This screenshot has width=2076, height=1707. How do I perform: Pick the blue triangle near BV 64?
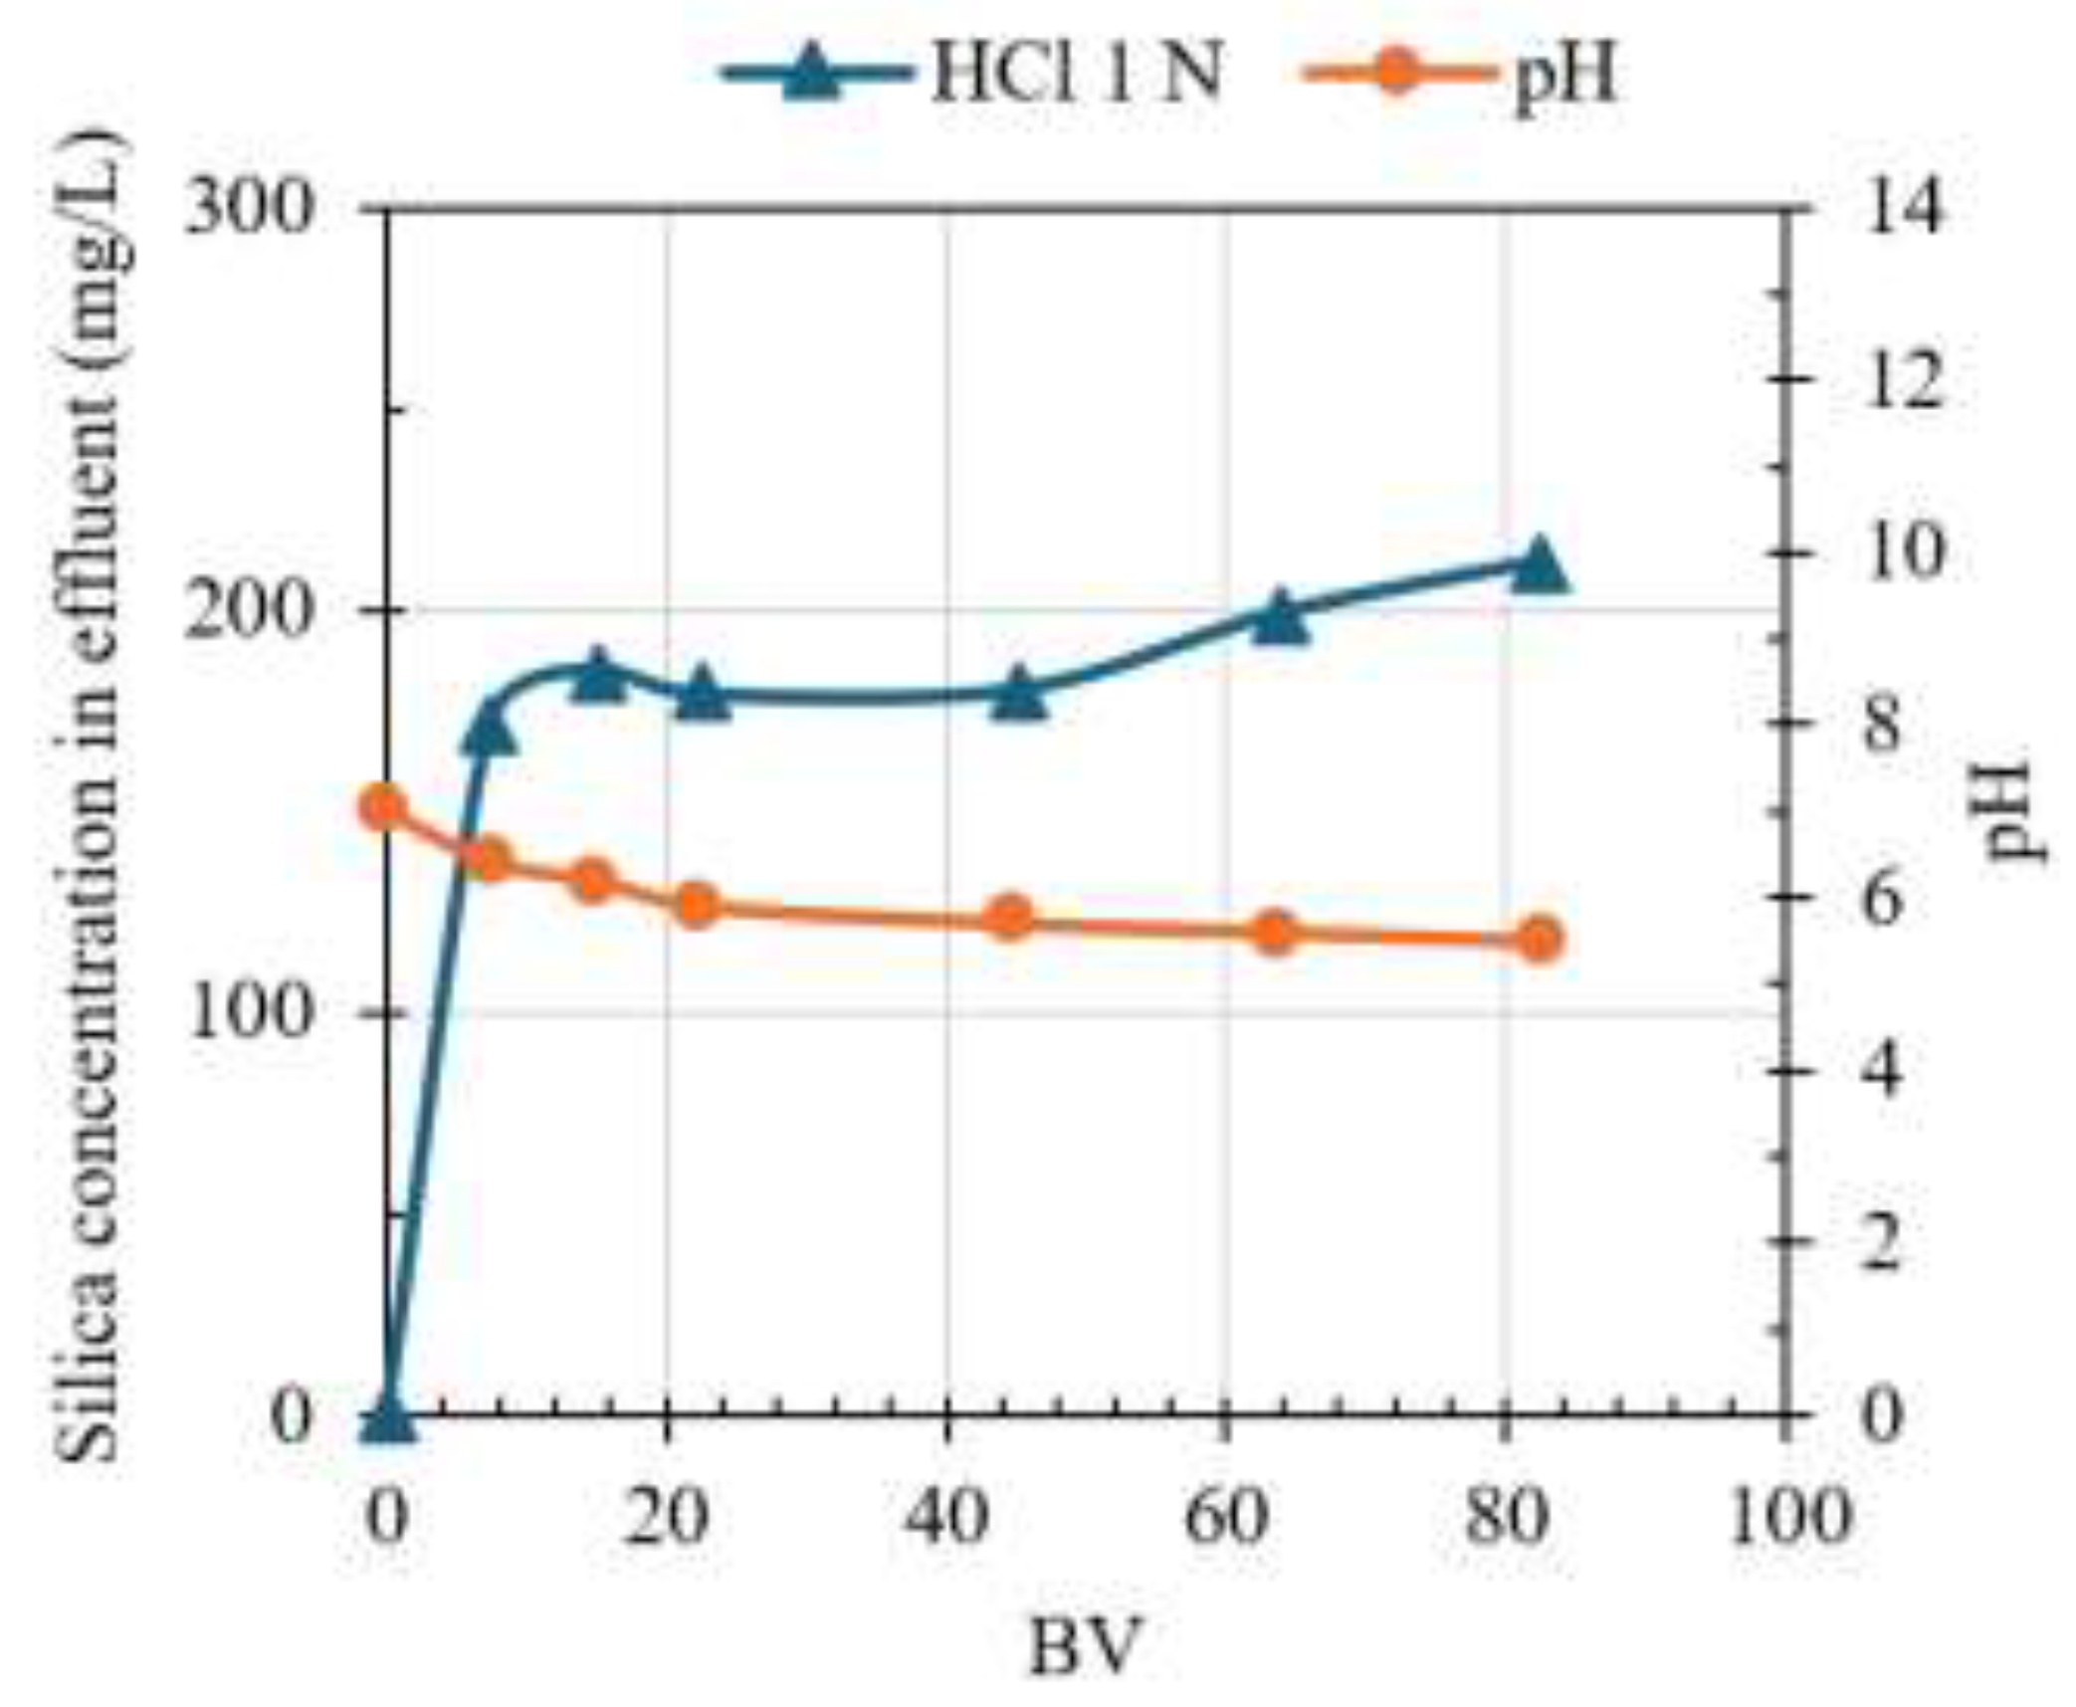[1280, 618]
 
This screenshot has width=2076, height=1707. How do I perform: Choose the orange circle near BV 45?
[1012, 918]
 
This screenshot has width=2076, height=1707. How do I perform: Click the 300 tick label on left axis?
[250, 210]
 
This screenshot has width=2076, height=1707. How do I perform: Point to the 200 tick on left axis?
[250, 610]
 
